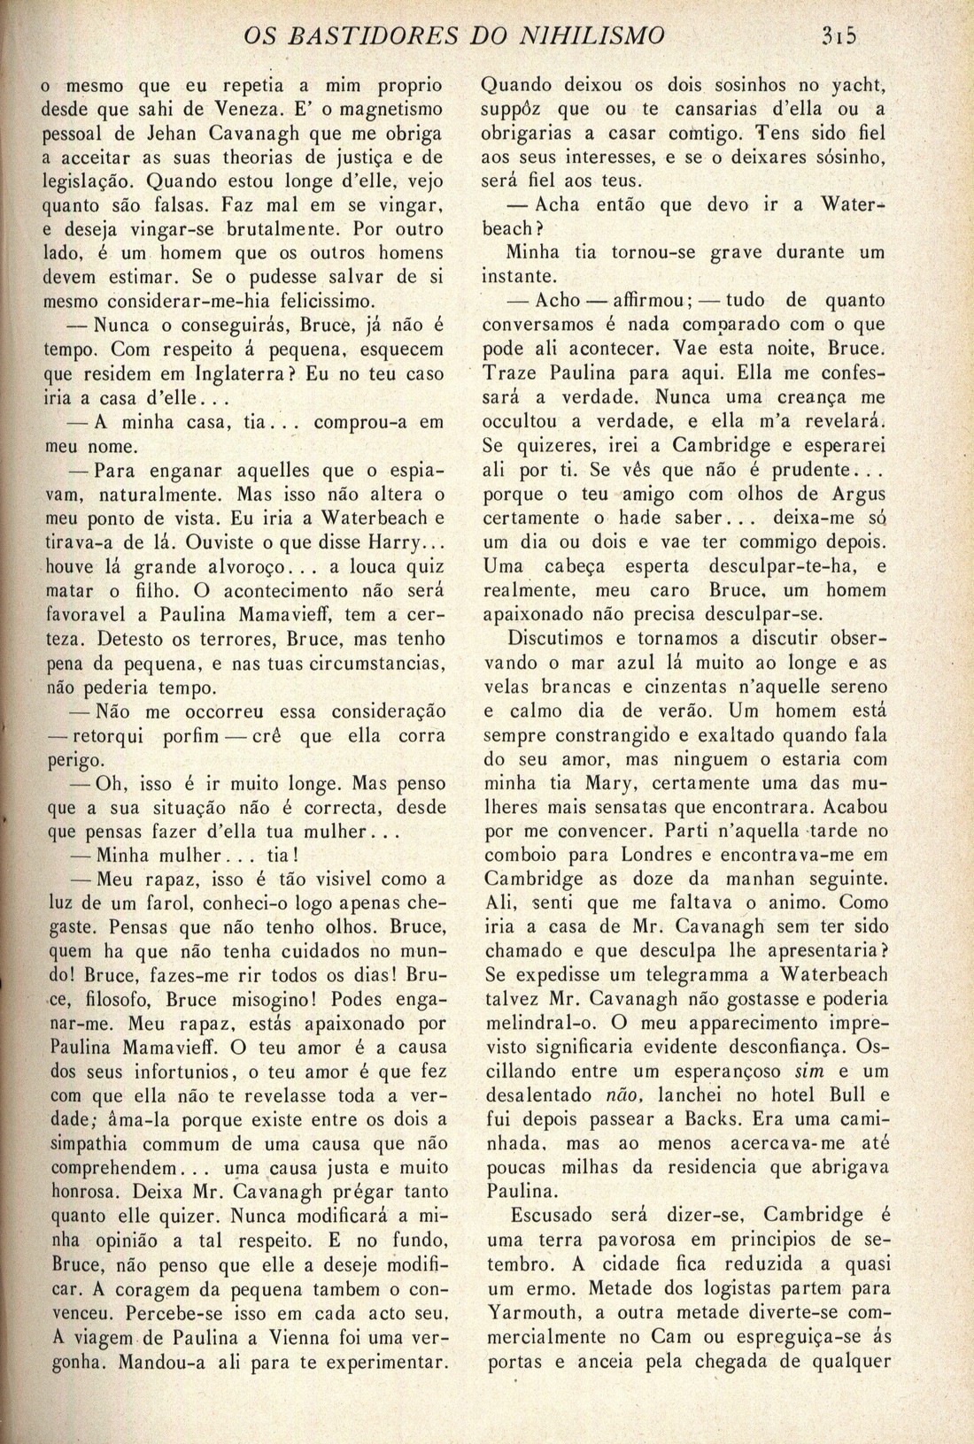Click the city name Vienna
(308, 1335)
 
